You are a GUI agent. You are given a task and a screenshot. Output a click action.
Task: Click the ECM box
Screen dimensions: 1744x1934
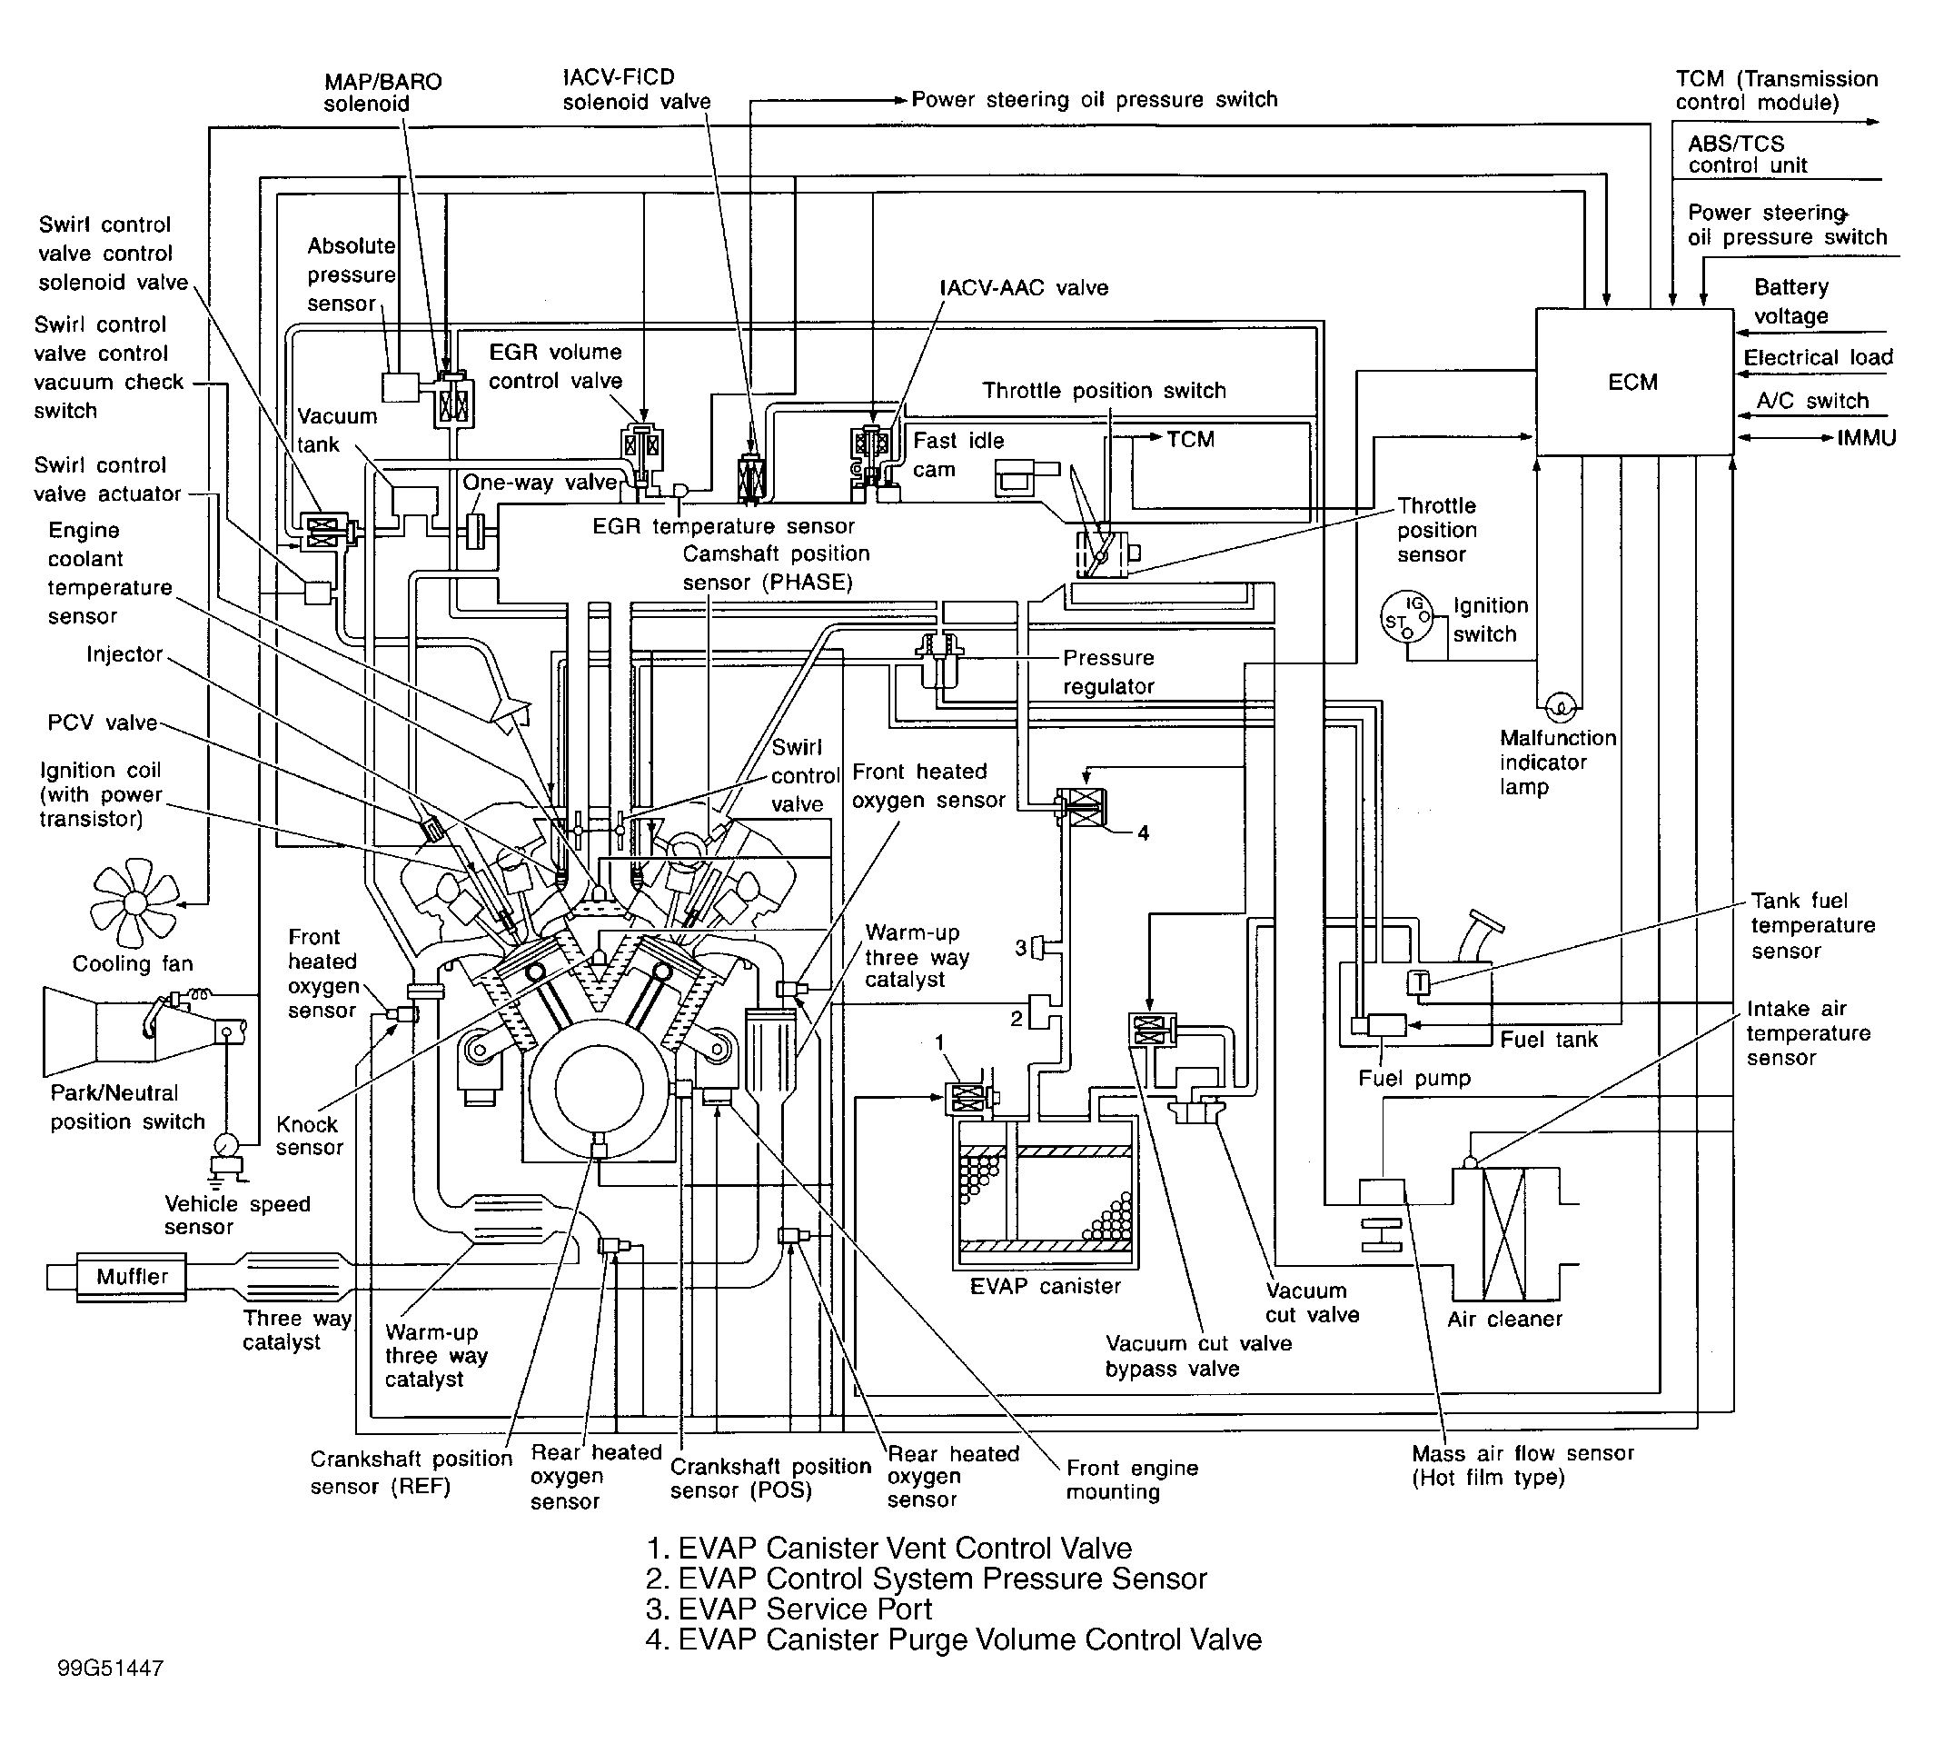click(x=1633, y=382)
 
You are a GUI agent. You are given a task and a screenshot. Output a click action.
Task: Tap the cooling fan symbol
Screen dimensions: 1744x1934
click(x=135, y=902)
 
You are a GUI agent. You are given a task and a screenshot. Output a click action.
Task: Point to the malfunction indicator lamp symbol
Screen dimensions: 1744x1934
click(x=1560, y=708)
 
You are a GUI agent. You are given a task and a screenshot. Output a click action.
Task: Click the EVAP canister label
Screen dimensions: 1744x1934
click(x=1045, y=1286)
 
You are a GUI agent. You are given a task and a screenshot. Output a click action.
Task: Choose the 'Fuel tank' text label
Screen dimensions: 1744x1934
click(x=1548, y=1040)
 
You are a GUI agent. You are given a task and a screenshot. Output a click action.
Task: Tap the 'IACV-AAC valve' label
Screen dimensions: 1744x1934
click(x=1023, y=287)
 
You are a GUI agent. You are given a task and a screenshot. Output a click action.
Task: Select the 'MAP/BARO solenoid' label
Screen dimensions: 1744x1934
click(x=382, y=93)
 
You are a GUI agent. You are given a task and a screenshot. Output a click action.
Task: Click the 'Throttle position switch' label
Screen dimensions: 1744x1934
click(x=1104, y=391)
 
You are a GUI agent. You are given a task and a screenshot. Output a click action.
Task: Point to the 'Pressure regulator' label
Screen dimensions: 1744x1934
click(x=1108, y=672)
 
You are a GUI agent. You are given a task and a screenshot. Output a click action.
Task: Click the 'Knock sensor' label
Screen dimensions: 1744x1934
click(x=309, y=1135)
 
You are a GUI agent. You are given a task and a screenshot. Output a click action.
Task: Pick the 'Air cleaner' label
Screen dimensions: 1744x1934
click(x=1504, y=1320)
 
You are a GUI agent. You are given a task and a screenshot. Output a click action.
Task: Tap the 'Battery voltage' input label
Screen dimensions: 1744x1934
click(x=1790, y=302)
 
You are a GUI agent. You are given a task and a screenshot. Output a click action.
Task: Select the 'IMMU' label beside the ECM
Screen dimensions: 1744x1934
click(x=1866, y=439)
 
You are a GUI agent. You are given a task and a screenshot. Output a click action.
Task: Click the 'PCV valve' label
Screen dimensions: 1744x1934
click(x=102, y=723)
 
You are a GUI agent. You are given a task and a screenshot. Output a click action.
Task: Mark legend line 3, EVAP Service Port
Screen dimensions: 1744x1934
click(x=788, y=1609)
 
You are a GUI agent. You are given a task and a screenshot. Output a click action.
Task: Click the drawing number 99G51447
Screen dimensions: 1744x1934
click(x=110, y=1669)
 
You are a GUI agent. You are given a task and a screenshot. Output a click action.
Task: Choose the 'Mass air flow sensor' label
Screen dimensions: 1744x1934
click(x=1522, y=1464)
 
